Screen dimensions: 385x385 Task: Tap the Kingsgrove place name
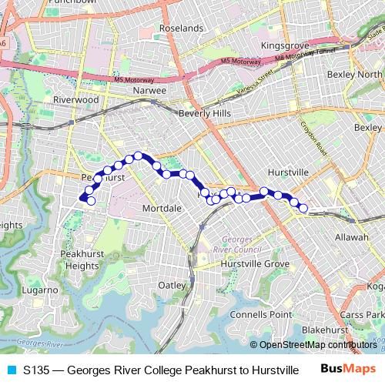click(284, 46)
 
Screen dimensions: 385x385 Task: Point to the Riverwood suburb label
click(75, 99)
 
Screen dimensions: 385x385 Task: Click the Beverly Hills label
click(204, 113)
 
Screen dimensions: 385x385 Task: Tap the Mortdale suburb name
click(162, 208)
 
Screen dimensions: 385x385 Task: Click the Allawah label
click(352, 237)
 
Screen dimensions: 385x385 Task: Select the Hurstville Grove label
click(254, 263)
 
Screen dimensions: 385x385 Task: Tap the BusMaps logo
click(348, 370)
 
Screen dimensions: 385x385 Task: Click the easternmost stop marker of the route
click(303, 208)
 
